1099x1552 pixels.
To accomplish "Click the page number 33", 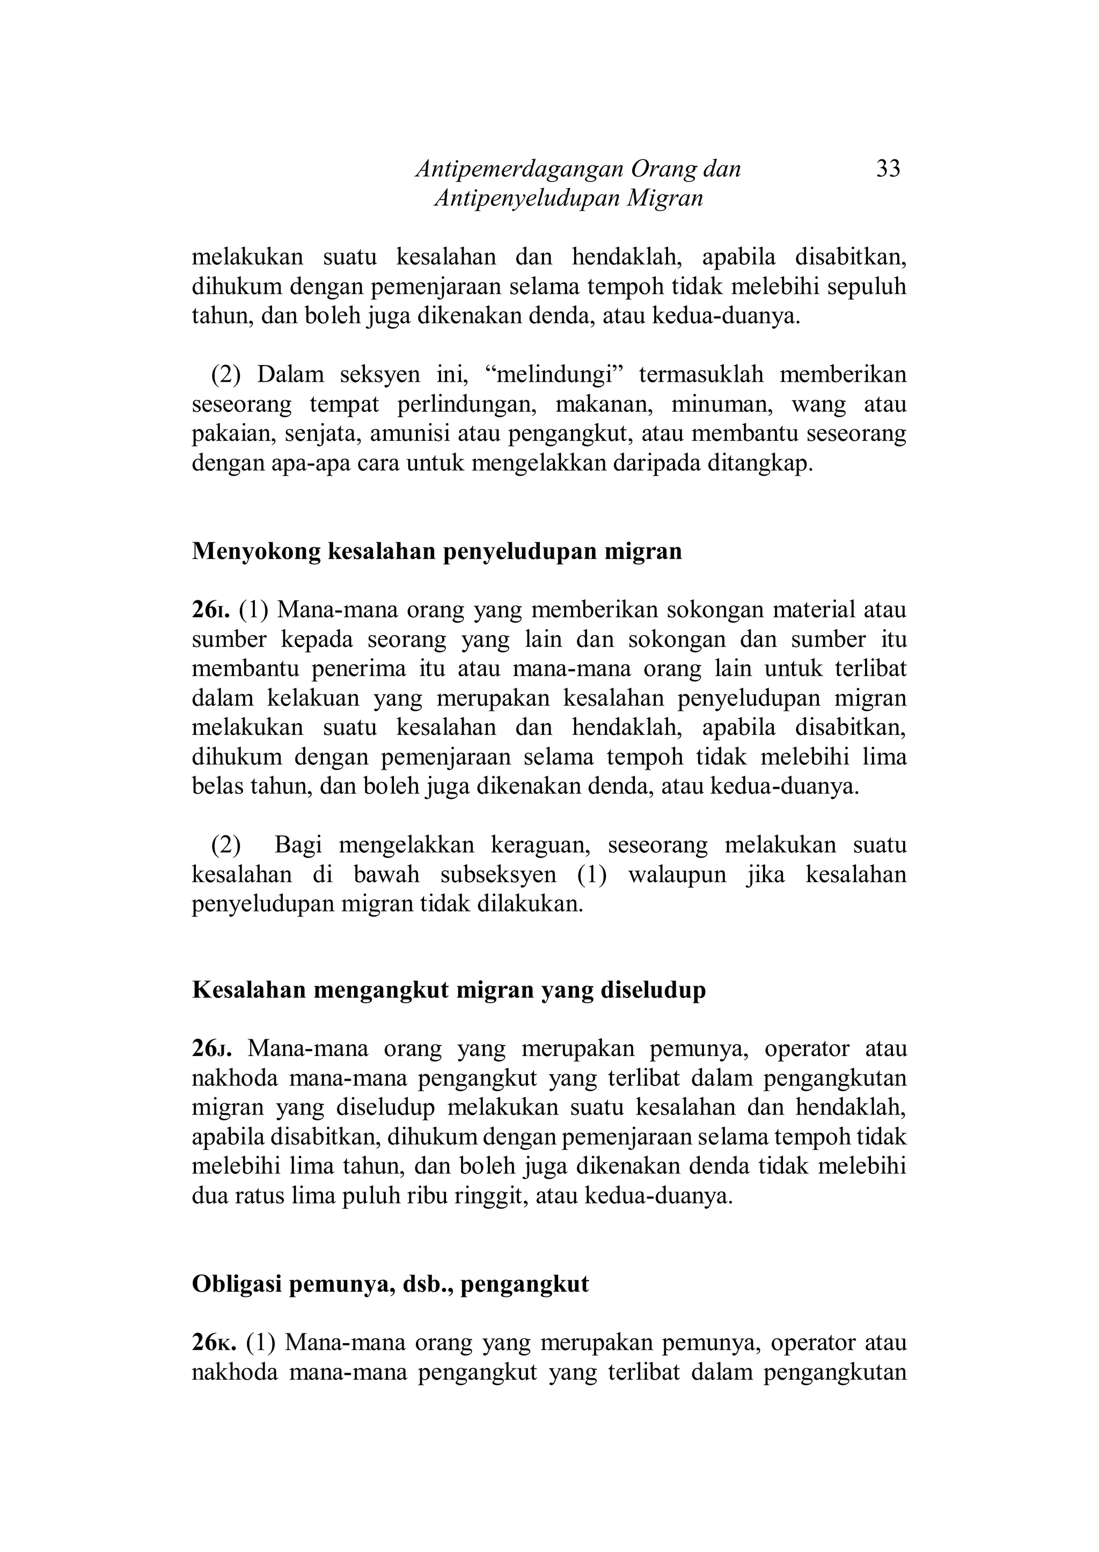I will click(888, 169).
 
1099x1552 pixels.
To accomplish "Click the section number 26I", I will click(211, 610).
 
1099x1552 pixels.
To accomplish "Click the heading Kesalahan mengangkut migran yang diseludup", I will click(449, 990).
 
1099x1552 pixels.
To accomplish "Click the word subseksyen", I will click(498, 875).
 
